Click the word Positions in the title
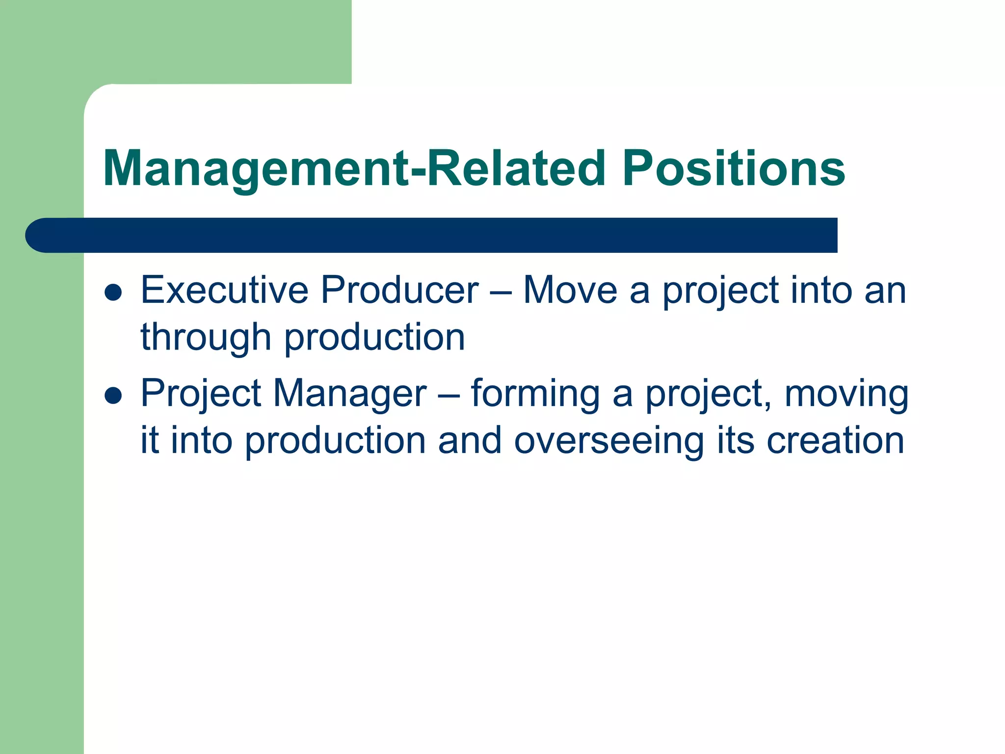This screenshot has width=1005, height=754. [x=734, y=168]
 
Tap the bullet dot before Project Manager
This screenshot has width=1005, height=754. [x=113, y=395]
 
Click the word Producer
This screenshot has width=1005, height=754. [x=399, y=290]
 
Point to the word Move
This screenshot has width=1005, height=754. [x=570, y=290]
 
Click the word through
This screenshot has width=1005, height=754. [x=206, y=338]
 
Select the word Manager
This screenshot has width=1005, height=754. [x=350, y=394]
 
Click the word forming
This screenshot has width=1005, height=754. [x=535, y=394]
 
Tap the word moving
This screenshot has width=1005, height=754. [x=846, y=394]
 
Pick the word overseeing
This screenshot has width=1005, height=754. [x=609, y=440]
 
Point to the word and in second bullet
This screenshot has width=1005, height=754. [x=470, y=440]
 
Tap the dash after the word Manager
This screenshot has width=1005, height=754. [x=449, y=396]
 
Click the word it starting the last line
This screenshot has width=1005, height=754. [x=150, y=440]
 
